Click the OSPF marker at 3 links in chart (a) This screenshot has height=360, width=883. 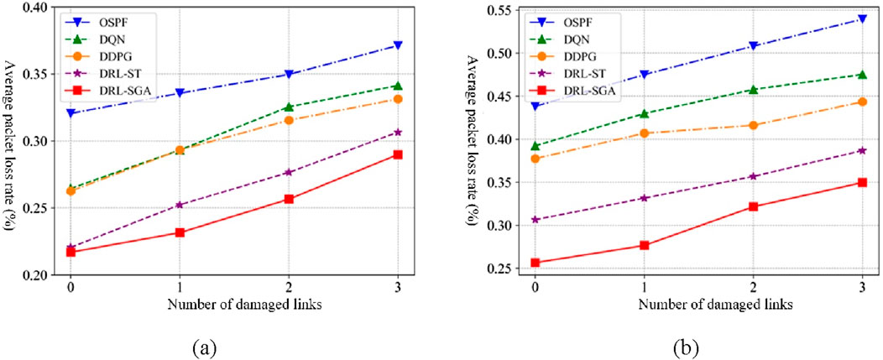point(398,45)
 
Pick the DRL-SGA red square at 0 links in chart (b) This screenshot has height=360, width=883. point(536,263)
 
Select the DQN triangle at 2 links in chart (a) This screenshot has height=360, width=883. point(289,107)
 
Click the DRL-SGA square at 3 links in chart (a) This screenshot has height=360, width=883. point(398,154)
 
